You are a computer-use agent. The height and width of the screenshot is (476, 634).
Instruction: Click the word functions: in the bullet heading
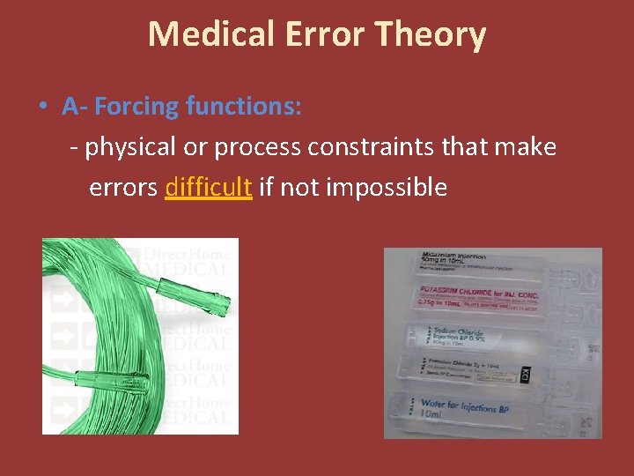(244, 107)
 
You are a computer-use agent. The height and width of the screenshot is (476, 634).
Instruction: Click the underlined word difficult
(209, 187)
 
